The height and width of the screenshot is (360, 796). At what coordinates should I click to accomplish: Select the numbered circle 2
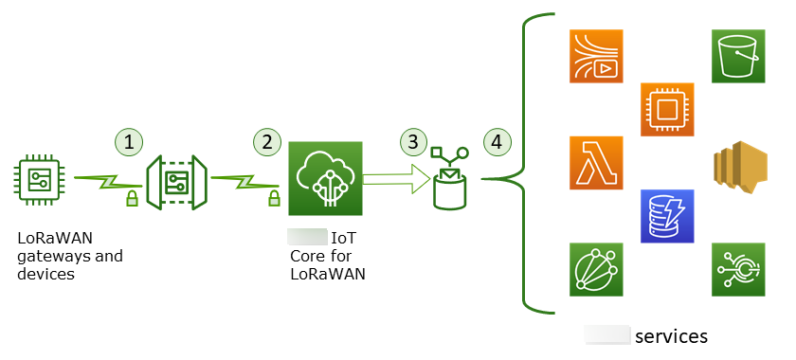point(268,142)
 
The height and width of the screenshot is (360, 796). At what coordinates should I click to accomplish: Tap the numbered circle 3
point(411,142)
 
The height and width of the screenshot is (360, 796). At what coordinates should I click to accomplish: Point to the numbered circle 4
point(497,142)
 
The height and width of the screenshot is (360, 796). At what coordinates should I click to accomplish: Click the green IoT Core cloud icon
point(325,180)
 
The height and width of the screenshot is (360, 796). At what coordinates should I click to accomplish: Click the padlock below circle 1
point(132,198)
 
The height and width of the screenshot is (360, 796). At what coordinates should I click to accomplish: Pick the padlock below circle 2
point(274,198)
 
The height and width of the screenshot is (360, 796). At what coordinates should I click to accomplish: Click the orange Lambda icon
point(596,163)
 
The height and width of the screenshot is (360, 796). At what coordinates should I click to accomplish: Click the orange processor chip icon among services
point(667,109)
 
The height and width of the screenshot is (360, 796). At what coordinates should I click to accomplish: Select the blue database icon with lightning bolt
point(667,216)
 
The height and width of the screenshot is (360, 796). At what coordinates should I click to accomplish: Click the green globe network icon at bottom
point(596,269)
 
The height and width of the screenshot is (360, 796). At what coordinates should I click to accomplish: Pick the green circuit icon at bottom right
point(739,269)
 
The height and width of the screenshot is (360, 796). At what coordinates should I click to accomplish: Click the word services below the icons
point(671,336)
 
